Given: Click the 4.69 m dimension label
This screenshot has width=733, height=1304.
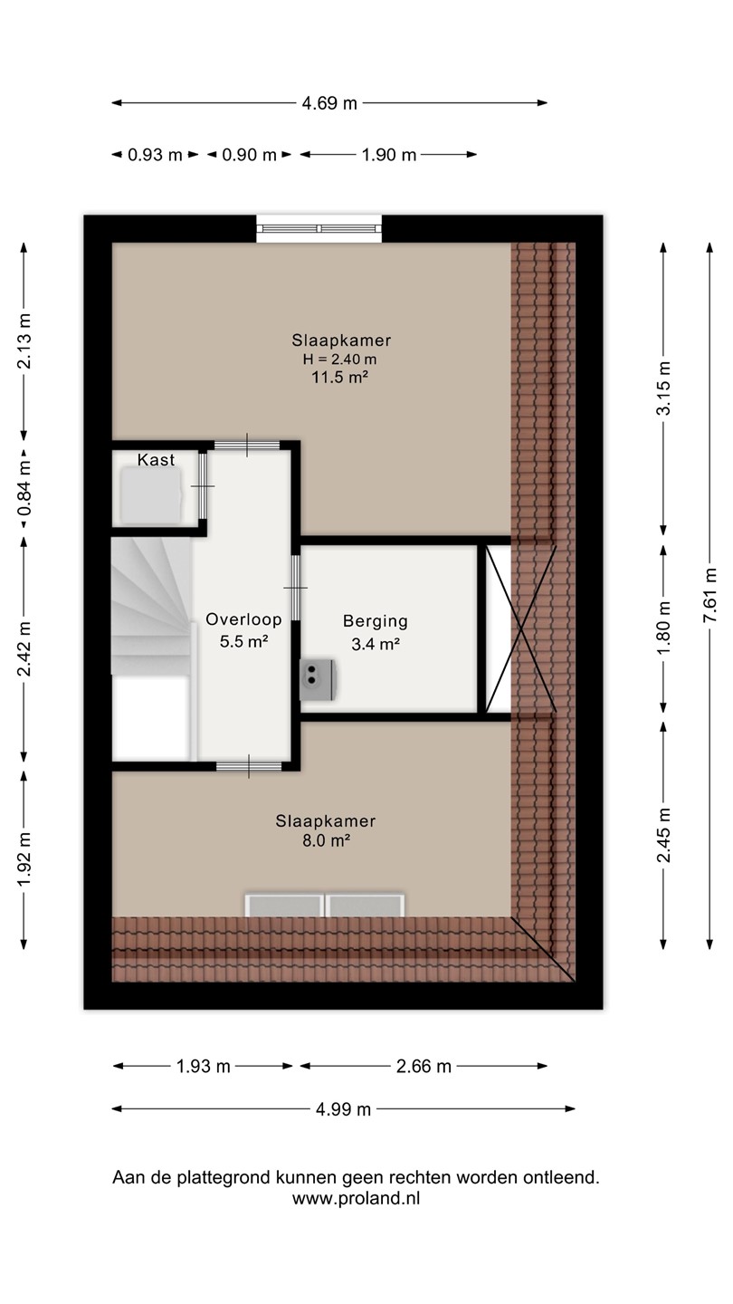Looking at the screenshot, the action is [x=329, y=103].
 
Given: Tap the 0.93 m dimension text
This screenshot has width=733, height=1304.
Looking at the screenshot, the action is [x=155, y=155].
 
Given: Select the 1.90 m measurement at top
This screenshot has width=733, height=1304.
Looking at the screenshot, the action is [x=388, y=155].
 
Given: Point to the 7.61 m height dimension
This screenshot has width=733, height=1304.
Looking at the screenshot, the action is [x=709, y=594].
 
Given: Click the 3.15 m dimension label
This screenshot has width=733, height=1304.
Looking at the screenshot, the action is [x=663, y=388].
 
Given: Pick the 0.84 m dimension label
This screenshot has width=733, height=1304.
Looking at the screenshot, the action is [x=24, y=488].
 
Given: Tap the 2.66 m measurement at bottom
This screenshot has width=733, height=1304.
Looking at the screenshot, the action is [x=424, y=1067].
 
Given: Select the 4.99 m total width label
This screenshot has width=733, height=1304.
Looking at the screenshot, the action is [x=343, y=1109].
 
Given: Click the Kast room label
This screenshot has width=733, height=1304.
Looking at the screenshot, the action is [x=156, y=460].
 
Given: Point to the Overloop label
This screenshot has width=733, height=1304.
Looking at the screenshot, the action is [x=243, y=619].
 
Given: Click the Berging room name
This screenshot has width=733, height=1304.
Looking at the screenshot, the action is [x=376, y=622].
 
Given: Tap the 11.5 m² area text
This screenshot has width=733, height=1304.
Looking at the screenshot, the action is [x=339, y=378].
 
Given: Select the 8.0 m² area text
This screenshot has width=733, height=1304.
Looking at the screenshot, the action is [x=326, y=840].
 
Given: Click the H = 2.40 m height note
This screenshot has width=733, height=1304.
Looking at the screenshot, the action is [x=339, y=360].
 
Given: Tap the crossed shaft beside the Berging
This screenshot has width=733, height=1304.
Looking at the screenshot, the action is [x=520, y=628].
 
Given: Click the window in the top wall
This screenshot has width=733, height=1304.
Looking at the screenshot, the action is [x=319, y=229].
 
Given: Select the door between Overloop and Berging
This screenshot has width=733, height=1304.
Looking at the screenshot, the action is [x=296, y=588].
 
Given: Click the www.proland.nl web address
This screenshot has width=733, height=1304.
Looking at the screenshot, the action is [x=356, y=1199].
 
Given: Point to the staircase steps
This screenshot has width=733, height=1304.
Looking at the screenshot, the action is [x=152, y=606].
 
